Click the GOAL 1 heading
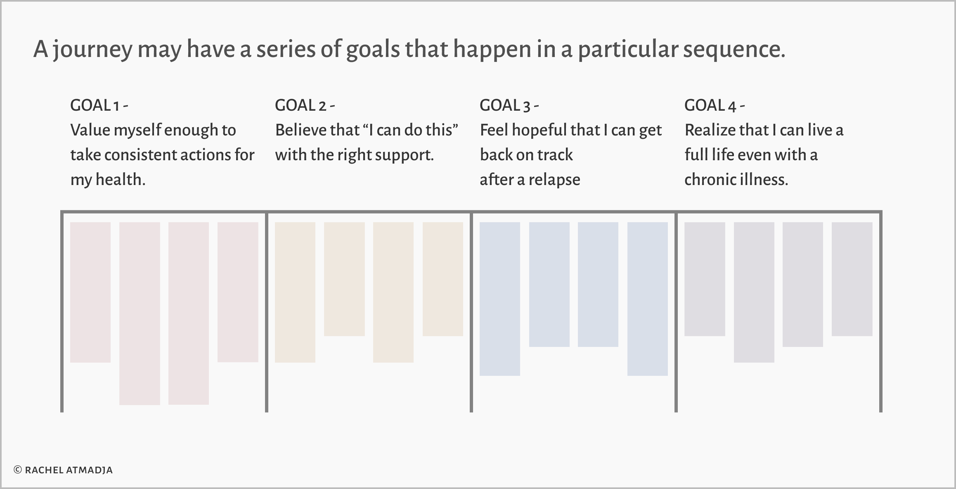coord(99,105)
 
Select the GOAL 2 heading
coord(305,105)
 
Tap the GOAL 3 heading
coord(509,105)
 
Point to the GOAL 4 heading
coord(715,105)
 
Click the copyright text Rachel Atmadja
coord(63,470)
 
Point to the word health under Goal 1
coord(121,180)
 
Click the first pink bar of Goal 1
coord(90,292)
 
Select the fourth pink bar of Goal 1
coord(238,292)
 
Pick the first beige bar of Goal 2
coord(295,292)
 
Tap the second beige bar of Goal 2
coord(344,279)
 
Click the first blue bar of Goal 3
coord(500,299)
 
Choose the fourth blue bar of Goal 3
coord(648,299)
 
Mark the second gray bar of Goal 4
coord(754,292)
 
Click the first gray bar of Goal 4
coord(705,279)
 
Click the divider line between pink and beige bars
coord(267,312)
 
